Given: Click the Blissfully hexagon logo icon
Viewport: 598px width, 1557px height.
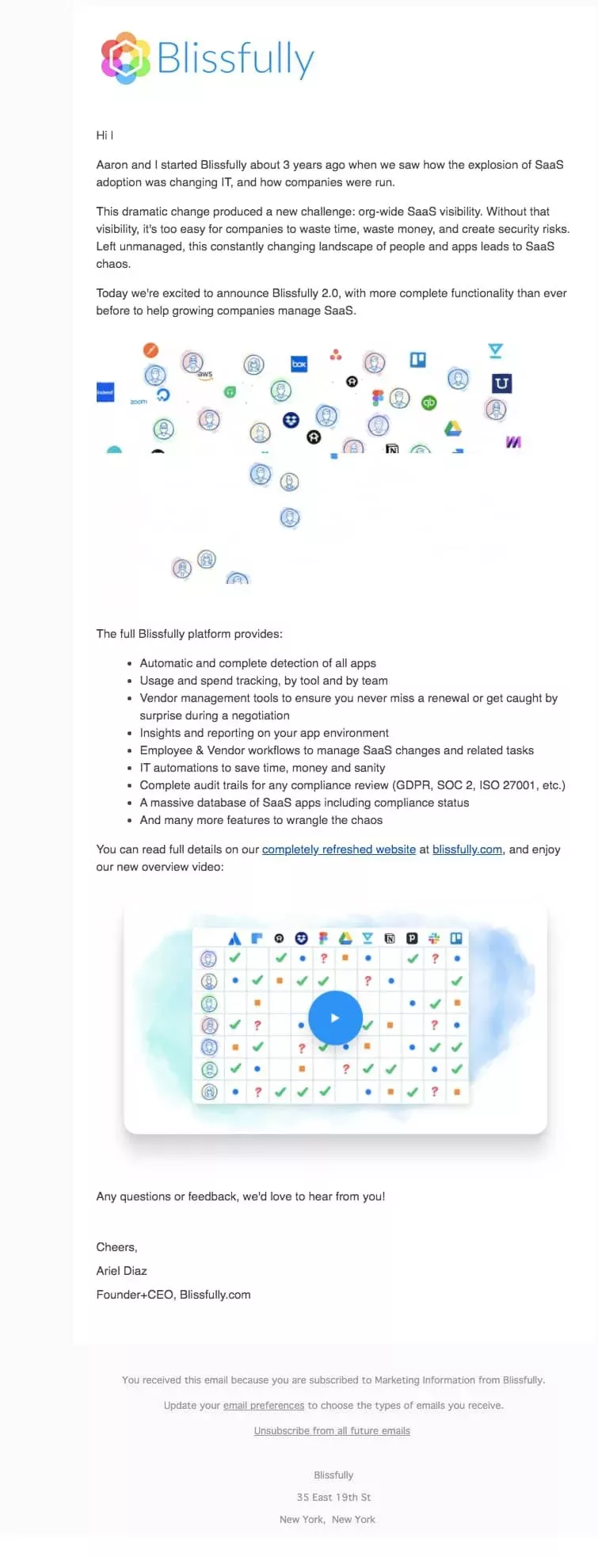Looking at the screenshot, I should [125, 58].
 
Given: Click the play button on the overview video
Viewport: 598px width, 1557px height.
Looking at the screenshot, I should [335, 1017].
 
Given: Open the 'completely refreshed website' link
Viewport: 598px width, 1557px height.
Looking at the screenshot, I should [339, 849].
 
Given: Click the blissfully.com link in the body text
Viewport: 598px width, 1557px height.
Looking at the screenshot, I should [467, 849].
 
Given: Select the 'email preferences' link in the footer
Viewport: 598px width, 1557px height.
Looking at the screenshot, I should [264, 1406].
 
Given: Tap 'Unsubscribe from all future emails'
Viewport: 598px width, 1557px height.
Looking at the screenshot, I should [332, 1431].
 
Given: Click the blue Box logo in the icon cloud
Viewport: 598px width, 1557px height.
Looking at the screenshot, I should [299, 364].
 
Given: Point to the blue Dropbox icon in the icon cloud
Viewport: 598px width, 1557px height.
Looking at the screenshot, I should [291, 419].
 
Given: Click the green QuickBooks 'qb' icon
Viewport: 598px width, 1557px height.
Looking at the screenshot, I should [429, 403].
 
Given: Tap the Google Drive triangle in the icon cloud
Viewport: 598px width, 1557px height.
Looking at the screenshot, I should [452, 429].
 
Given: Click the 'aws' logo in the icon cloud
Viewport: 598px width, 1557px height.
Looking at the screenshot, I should [205, 374].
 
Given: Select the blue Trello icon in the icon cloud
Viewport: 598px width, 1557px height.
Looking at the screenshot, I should [417, 360].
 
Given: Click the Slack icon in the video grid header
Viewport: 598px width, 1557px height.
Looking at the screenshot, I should [434, 938].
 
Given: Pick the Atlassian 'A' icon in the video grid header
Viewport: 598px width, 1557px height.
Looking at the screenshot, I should [234, 938].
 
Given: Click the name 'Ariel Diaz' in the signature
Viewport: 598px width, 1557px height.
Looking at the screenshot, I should [122, 1271].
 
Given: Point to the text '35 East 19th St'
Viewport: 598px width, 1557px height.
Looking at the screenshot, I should [333, 1498].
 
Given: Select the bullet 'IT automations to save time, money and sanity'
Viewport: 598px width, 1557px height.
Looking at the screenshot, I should [262, 768].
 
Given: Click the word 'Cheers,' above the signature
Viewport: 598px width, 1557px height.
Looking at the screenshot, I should [116, 1247].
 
